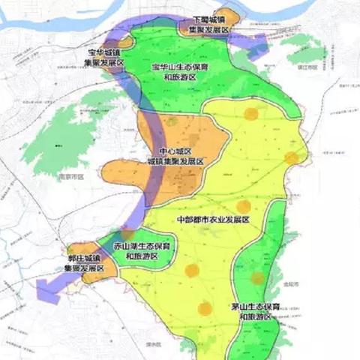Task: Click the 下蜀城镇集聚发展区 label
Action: pos(209,24)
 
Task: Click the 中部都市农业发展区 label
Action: pos(212,220)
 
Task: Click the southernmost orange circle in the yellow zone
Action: pos(205,307)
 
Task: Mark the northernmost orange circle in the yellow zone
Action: pos(250,114)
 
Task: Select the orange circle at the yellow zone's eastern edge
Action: pos(291,157)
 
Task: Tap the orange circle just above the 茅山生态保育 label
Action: pos(257,278)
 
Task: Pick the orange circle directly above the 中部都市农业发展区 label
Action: pos(243,206)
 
